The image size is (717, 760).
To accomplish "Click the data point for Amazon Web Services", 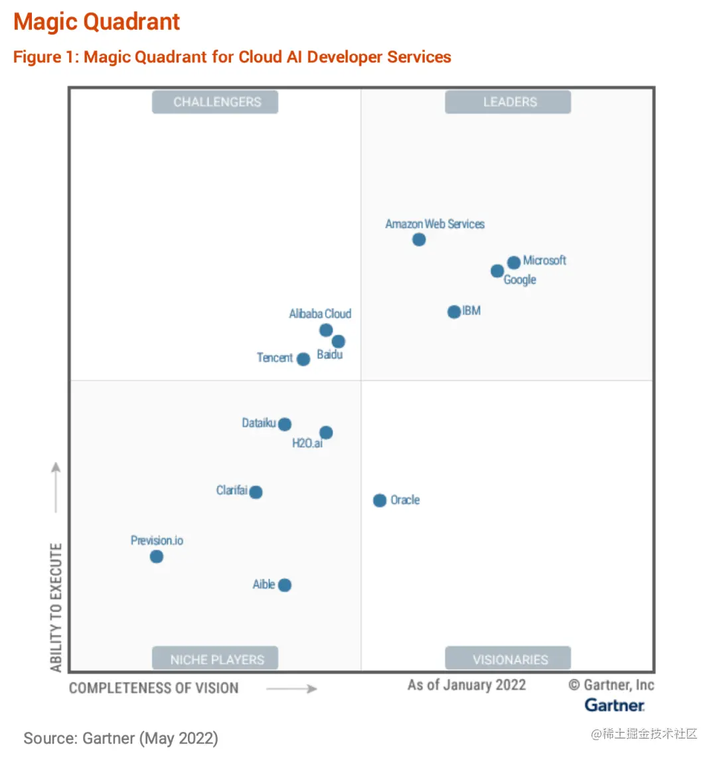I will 419,240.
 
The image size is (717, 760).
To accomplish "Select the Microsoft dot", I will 514,263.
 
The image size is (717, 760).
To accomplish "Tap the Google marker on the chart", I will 497,271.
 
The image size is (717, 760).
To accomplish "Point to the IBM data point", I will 454,312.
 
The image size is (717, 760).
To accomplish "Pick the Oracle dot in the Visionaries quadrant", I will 380,500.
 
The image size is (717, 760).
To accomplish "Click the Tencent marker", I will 303,359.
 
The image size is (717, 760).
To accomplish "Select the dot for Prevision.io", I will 157,557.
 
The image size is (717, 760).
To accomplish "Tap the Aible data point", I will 285,585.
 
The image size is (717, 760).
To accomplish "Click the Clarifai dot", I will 256,492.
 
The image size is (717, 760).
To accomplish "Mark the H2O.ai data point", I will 326,433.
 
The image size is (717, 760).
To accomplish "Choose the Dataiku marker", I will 285,424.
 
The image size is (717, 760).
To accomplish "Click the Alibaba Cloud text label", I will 320,314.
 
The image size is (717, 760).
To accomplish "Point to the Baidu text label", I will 330,354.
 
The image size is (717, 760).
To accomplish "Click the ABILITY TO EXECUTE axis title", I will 56,607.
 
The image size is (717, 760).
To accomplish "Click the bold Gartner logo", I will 615,705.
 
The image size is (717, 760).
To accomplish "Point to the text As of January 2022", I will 467,685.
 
